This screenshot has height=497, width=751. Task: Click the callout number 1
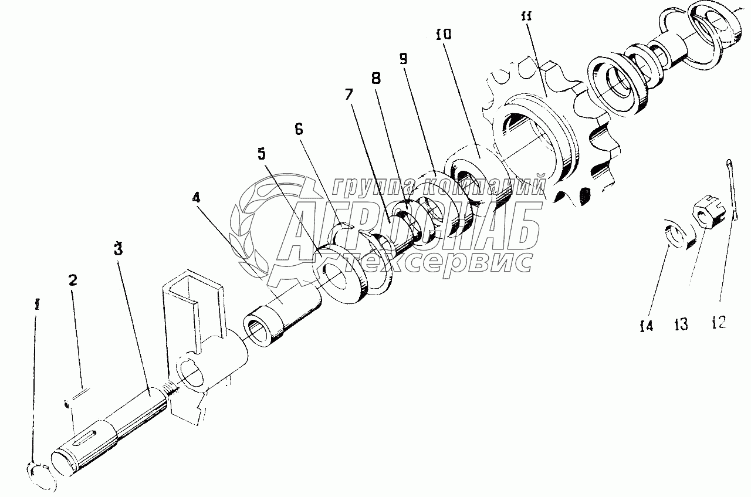pos(37,306)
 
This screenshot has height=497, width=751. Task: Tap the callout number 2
pos(73,280)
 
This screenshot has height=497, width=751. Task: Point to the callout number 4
pos(196,198)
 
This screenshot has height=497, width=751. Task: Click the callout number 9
pos(403,59)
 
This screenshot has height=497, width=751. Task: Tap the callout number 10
pos(444,35)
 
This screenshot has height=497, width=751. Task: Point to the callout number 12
pos(719,322)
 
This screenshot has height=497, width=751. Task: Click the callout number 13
pos(682,324)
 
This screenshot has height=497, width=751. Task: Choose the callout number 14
pos(646,326)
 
